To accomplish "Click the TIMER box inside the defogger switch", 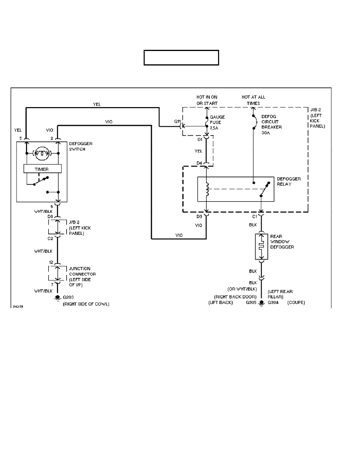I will coord(42,169).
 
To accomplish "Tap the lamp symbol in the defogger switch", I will coord(42,153).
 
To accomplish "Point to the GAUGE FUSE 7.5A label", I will coord(218,122).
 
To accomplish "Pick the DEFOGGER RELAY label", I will coord(289,182).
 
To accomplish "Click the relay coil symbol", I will coord(207,188).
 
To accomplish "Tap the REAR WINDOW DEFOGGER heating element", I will coord(261,246).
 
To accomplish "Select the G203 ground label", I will coord(69,298).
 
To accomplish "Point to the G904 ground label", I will coord(273,303).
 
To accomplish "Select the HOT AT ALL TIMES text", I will coord(253,100).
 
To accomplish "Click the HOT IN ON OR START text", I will coord(207,100).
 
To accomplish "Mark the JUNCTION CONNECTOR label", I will coord(82,274).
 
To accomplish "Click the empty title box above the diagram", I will coord(181,57).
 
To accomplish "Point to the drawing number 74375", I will coord(17,307).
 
